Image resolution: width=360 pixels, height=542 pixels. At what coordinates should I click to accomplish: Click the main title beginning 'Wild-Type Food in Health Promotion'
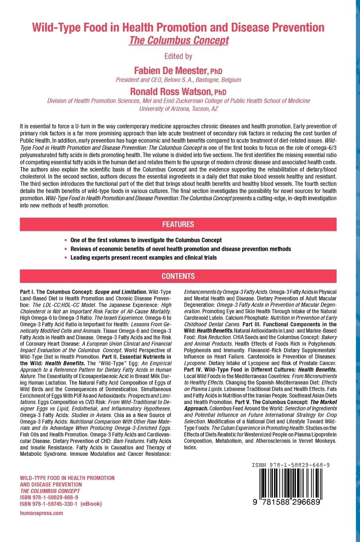tap(178, 28)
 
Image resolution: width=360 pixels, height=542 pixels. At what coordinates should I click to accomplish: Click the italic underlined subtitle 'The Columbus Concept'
tap(178, 41)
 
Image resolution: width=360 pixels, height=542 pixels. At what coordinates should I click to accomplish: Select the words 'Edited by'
tap(178, 56)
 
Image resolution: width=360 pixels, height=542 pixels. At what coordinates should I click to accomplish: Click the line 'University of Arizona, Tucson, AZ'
tap(178, 108)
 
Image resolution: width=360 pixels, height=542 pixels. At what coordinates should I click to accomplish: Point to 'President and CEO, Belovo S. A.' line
tap(178, 80)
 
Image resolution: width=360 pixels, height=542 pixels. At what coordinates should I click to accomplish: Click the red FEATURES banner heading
tap(178, 224)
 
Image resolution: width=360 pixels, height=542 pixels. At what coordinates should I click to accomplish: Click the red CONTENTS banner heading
tap(178, 276)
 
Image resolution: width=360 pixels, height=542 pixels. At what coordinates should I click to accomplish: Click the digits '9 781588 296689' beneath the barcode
tap(288, 503)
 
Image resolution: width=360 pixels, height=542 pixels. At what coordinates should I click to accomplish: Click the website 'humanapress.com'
tap(41, 513)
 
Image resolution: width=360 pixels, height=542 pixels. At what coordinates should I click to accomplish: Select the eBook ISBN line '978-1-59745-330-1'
tap(61, 504)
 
